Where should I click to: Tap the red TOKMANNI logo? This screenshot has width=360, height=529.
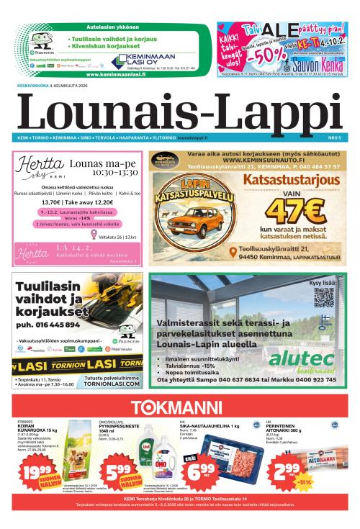pyautogui.click(x=179, y=406)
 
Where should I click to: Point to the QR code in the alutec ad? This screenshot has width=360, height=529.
pyautogui.click(x=324, y=297)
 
